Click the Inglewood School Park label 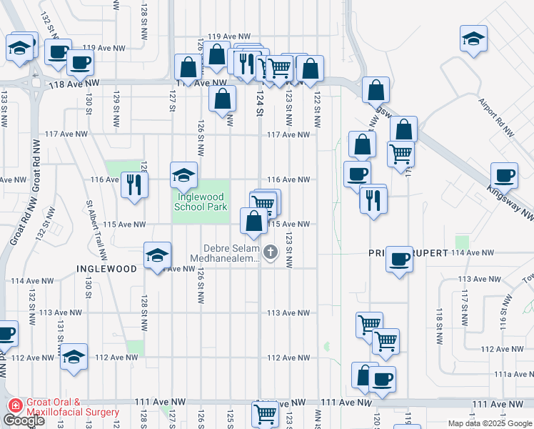click(201, 199)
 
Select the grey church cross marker click(271, 252)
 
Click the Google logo click(24, 420)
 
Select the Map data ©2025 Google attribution click(489, 423)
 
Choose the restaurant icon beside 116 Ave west click(134, 184)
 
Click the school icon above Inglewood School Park click(183, 174)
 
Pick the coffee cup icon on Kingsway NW click(505, 174)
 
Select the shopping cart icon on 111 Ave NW click(265, 413)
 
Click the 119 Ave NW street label click(229, 36)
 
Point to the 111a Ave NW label click(513, 374)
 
